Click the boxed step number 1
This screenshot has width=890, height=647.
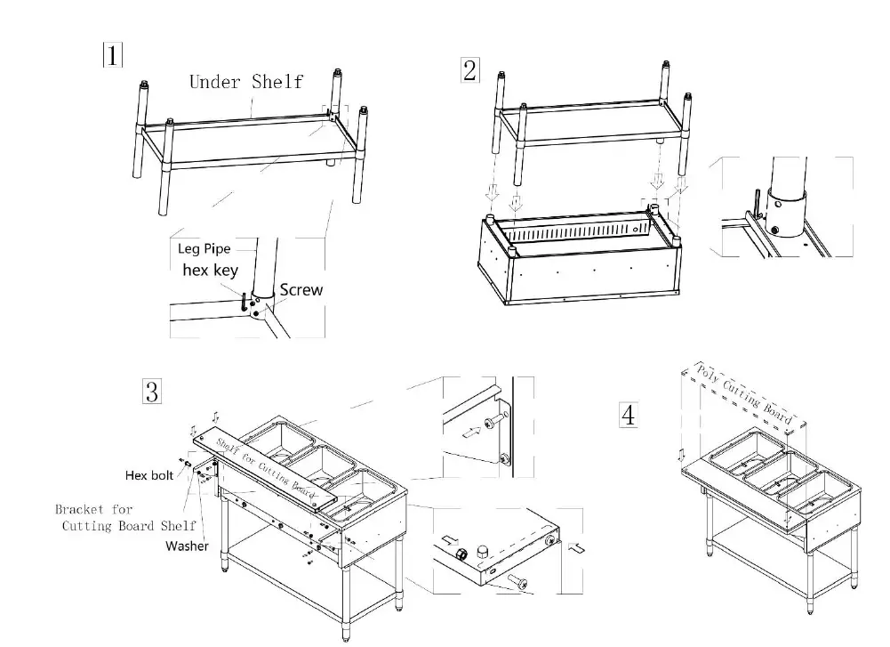point(112,56)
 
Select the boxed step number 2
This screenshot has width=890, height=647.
point(469,70)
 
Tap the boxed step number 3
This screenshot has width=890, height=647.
point(152,391)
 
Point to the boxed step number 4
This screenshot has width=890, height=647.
point(629,415)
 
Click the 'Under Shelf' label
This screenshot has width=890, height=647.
point(245,82)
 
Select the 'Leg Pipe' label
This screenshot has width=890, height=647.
point(204,249)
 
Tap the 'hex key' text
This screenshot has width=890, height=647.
point(210,271)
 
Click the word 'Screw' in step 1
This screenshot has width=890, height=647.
point(301,289)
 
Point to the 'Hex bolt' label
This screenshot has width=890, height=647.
point(148,475)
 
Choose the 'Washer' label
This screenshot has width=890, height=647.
point(187,546)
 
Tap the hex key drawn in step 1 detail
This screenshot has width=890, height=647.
point(242,303)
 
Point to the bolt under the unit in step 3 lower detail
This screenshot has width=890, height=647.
point(516,584)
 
